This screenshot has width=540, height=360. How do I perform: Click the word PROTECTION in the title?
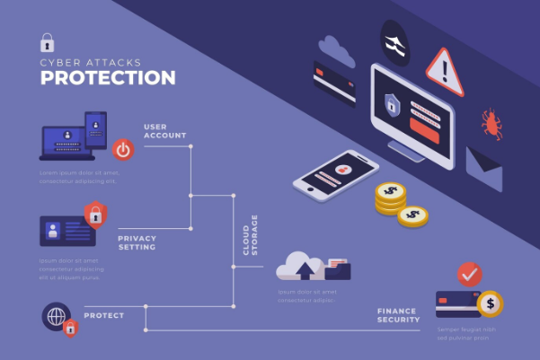(107, 78)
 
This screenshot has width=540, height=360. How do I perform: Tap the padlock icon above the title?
(47, 42)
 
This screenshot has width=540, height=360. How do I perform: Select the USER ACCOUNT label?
(164, 131)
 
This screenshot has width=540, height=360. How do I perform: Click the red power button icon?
(123, 148)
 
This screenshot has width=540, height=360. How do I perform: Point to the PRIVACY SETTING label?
(137, 242)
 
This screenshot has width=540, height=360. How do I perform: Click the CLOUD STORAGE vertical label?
(251, 234)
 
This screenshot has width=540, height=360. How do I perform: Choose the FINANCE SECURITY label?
(398, 314)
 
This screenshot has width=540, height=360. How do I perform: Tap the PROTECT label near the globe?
(104, 316)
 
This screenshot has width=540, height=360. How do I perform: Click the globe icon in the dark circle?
(56, 317)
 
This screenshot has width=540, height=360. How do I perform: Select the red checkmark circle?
(469, 273)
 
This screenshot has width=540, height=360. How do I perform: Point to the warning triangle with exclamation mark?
(445, 70)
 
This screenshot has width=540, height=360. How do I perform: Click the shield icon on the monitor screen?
(392, 103)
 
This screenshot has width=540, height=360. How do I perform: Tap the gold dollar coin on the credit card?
(491, 303)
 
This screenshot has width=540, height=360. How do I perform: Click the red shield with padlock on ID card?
(93, 214)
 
